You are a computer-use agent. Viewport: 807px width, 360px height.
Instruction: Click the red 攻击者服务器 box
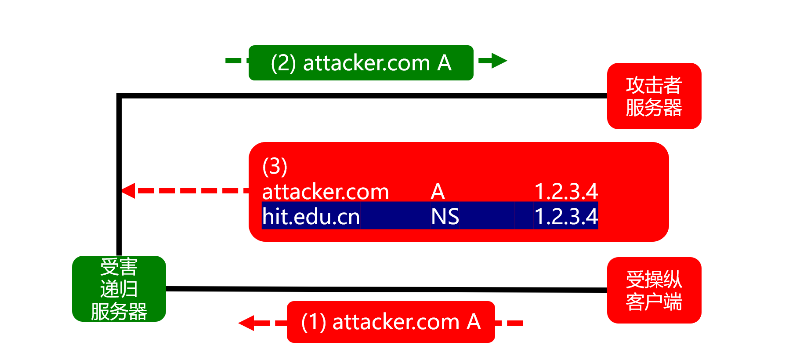pos(654,96)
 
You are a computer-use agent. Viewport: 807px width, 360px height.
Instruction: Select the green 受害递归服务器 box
pos(119,289)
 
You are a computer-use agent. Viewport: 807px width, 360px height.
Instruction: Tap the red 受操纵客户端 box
pos(654,290)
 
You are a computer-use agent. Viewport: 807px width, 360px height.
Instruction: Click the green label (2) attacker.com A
pos(361,63)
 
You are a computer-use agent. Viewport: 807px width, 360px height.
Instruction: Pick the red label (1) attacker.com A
pos(391,322)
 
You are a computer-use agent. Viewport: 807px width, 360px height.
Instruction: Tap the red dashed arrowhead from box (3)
pos(128,191)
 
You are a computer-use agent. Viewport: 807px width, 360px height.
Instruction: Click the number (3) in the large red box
pos(275,167)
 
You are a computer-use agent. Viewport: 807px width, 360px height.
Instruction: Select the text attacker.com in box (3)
pos(326,192)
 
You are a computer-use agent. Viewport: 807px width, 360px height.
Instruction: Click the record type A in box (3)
pos(438,192)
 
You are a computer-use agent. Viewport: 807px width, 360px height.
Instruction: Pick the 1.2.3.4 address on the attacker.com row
pos(566,192)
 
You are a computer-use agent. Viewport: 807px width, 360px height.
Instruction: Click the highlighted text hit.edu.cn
pos(311,216)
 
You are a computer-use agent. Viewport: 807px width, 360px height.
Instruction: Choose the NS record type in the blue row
pos(445,217)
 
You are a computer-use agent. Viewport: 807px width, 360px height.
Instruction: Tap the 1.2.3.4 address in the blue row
pos(566,217)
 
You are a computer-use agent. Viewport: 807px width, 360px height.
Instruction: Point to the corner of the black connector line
pos(119,96)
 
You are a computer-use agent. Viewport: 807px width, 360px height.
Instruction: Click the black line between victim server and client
pos(387,289)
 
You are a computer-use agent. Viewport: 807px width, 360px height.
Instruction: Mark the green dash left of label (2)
pos(233,60)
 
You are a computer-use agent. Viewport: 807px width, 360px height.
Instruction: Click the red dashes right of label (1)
pos(510,323)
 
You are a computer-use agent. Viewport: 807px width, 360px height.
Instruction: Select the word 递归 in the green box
pos(119,289)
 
